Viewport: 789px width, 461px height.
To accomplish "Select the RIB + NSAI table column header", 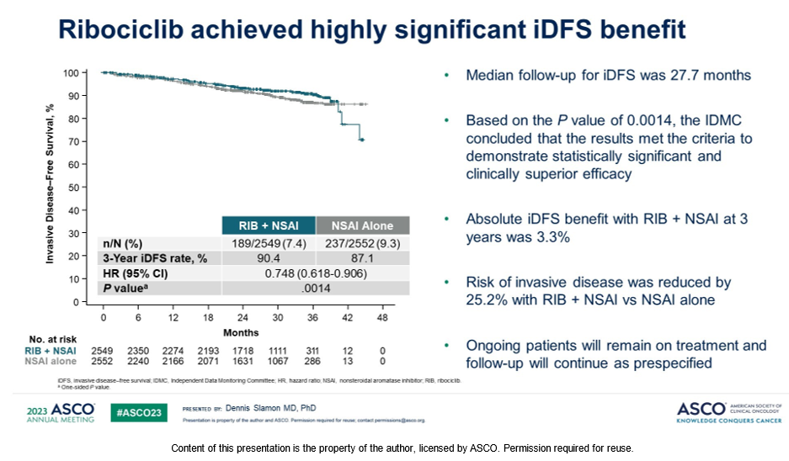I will click(x=268, y=225).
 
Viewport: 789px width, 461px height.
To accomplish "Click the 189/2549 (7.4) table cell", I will click(x=268, y=243).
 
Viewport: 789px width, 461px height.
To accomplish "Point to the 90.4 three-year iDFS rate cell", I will click(x=268, y=258).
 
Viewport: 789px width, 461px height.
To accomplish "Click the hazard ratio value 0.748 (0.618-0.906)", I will click(x=315, y=273).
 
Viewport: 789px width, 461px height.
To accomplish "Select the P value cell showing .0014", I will click(x=315, y=289).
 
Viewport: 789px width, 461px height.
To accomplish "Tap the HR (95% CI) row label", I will click(x=134, y=273).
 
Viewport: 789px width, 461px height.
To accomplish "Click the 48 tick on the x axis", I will click(x=383, y=318).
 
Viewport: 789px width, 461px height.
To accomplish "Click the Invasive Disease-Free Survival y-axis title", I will click(x=51, y=185).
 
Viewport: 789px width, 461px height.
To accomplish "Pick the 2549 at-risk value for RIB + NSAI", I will click(x=103, y=349).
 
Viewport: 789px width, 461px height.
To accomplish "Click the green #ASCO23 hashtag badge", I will click(x=138, y=411).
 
